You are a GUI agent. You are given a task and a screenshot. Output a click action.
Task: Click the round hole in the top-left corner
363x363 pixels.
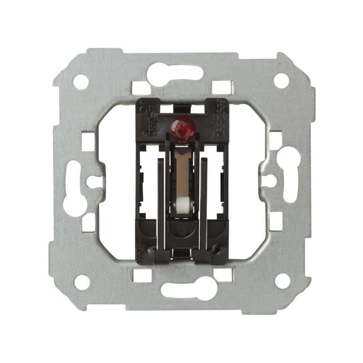(81, 82)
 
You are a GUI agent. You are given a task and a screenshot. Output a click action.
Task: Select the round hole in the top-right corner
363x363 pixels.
(281, 81)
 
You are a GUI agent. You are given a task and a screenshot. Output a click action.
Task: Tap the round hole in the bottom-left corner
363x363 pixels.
(82, 282)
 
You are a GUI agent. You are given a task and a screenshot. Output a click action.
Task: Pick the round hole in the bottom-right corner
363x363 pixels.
(282, 281)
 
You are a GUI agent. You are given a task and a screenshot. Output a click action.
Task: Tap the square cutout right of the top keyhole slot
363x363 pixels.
(222, 86)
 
